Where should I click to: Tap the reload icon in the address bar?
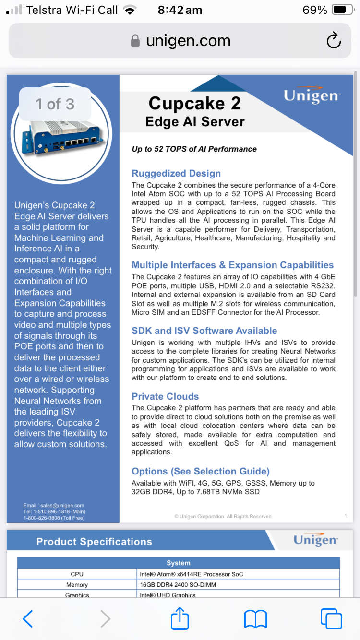point(333,41)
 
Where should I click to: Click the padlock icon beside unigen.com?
point(136,41)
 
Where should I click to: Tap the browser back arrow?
point(28,618)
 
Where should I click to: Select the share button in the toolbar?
point(180,618)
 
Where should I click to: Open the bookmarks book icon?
point(255,618)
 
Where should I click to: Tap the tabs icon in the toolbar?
point(331,618)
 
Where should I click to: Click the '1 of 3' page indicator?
point(55,104)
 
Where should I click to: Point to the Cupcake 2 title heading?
point(194,103)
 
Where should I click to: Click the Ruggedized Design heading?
point(176,174)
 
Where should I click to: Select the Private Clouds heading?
point(165,397)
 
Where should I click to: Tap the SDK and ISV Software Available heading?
point(204,331)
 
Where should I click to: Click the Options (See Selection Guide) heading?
point(201,471)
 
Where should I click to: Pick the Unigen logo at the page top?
point(312,95)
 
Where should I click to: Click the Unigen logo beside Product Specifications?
point(315,540)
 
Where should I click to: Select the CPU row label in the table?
point(77,574)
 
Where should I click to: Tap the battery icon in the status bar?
point(343,10)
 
